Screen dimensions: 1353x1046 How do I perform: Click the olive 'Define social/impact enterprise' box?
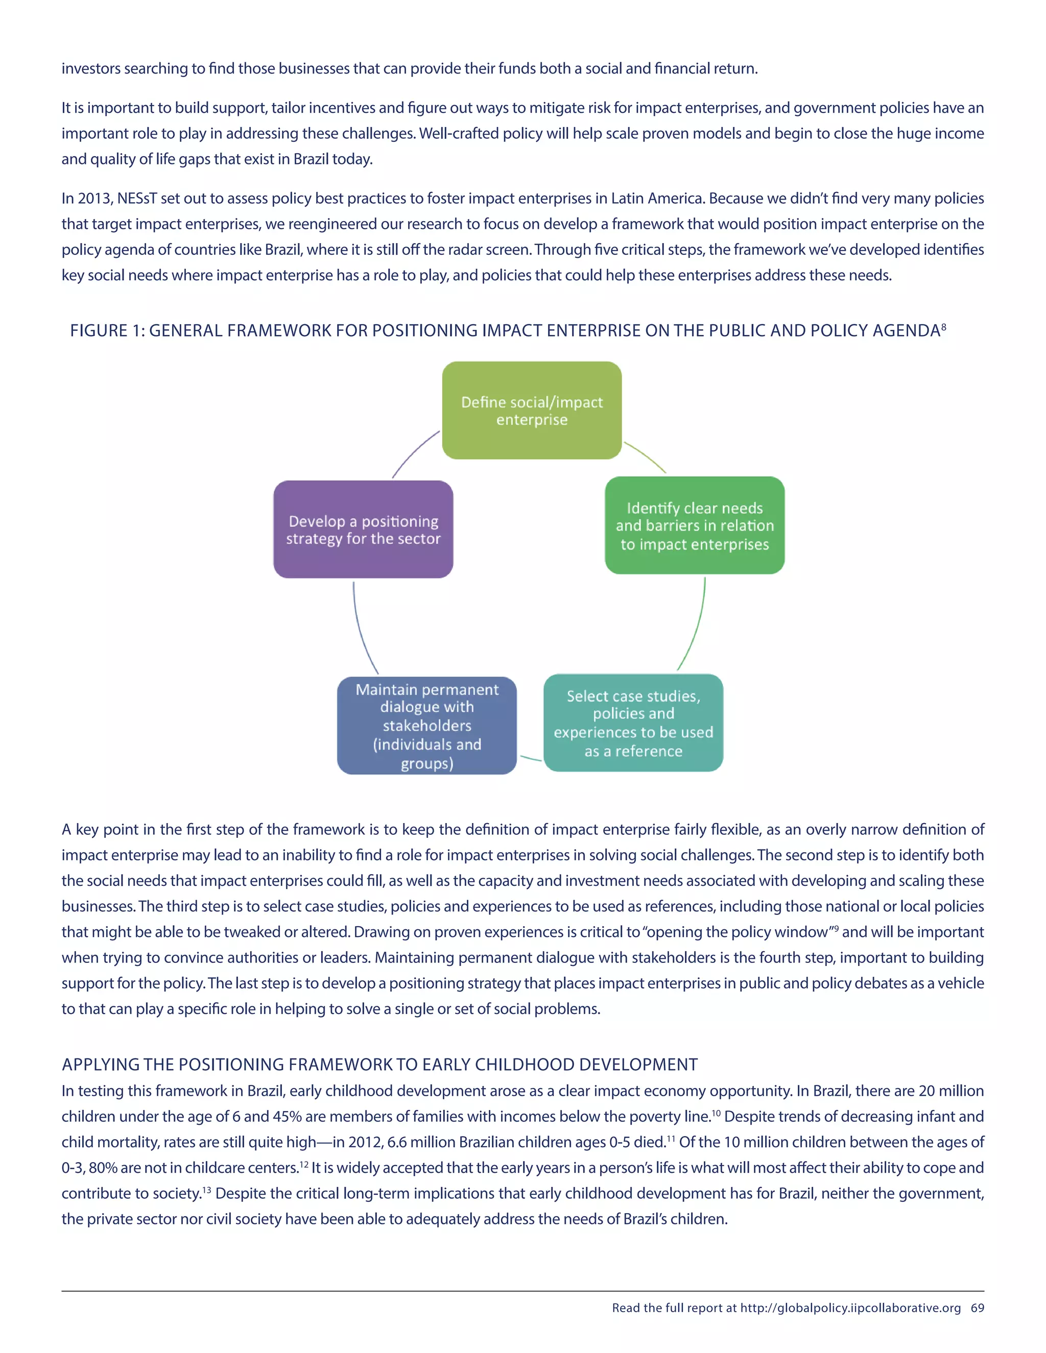[532, 410]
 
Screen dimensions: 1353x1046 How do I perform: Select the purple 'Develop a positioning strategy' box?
[363, 529]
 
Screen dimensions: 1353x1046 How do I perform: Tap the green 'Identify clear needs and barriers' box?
[695, 525]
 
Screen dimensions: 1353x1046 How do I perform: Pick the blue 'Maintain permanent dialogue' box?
[427, 726]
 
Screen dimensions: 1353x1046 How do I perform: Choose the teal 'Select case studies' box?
[633, 723]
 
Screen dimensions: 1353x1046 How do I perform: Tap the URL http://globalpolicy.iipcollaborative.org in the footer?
[850, 1308]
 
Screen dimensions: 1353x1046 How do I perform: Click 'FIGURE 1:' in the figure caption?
[107, 331]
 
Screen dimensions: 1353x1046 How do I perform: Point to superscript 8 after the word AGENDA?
[944, 326]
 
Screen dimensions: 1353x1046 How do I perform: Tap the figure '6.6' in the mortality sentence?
[397, 1142]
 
